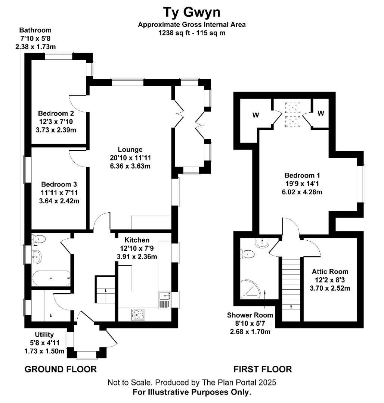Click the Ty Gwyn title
pos(192,13)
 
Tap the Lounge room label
pos(130,149)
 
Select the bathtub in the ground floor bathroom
pos(51,278)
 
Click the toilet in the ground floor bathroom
pos(38,239)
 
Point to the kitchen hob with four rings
pos(138,315)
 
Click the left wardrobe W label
pos(256,115)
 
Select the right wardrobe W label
pos(321,113)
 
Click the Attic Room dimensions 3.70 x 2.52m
pos(330,288)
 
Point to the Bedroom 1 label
pos(302,175)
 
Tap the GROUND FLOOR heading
pos(61,369)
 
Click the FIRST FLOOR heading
pos(263,369)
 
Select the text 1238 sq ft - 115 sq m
pos(192,33)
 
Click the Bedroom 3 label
pos(59,184)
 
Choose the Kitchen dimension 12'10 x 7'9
pos(137,248)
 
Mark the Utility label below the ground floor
pos(44,335)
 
